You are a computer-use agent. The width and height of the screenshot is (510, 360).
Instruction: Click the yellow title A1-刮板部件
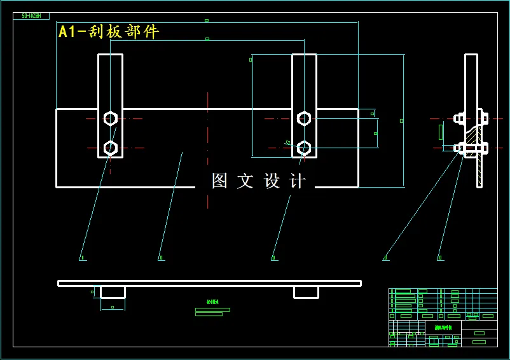(x=108, y=31)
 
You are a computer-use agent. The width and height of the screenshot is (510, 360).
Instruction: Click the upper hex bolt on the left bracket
(x=111, y=118)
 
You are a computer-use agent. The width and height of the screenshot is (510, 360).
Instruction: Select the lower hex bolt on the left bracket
(x=111, y=148)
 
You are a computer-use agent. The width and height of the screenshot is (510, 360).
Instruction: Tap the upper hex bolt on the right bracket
(x=304, y=118)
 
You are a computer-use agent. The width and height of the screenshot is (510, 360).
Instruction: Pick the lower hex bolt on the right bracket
(x=304, y=148)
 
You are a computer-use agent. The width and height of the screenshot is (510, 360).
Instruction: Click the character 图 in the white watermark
(x=219, y=181)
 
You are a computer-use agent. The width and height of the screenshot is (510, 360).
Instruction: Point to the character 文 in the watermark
(x=245, y=181)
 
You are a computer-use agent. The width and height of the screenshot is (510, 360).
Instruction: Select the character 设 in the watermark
(x=272, y=181)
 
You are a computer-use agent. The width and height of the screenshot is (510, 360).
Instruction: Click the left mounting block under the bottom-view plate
(x=113, y=292)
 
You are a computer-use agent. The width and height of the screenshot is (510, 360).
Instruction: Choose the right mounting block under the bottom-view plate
(x=306, y=292)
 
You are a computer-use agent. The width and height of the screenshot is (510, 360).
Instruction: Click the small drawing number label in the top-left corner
(x=31, y=16)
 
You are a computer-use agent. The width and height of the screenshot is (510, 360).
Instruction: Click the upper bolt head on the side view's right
(x=483, y=118)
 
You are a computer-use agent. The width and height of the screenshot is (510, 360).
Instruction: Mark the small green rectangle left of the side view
(x=441, y=132)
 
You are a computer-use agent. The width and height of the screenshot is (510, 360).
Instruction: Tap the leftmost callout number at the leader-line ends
(x=82, y=258)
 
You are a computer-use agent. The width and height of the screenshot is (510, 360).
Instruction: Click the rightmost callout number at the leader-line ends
(x=439, y=258)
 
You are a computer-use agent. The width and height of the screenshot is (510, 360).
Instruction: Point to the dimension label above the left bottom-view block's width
(x=113, y=307)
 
